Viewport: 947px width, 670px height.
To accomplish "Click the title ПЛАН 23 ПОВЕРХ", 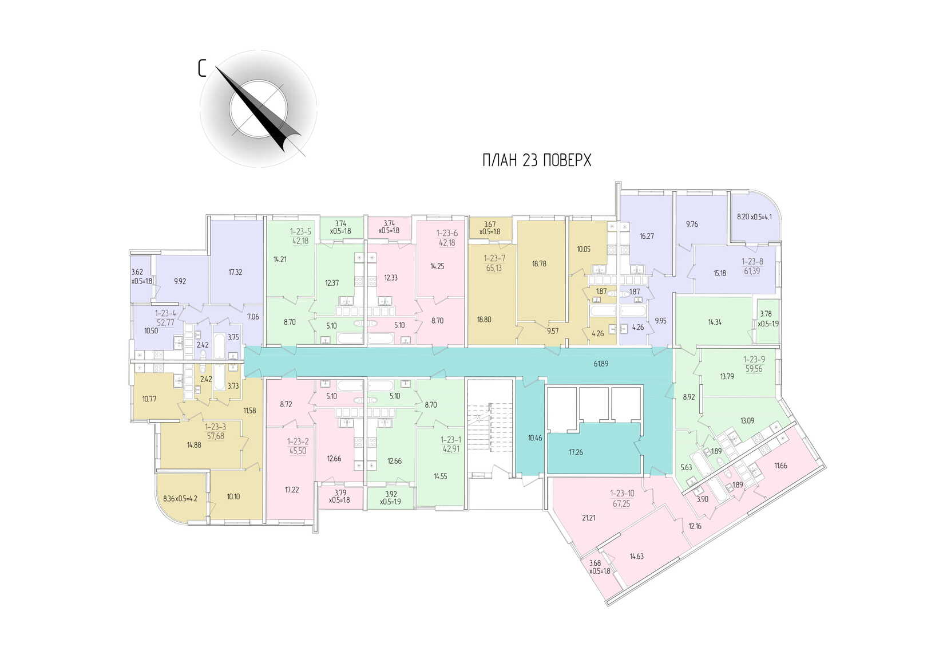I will coord(536,160).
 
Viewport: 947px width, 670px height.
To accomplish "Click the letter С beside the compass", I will coord(202,69).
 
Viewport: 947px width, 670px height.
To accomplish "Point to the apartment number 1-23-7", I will coord(494,259).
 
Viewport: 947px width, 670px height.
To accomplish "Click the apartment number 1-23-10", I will coord(622,494).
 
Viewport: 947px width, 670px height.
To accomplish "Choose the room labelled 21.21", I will coord(589,518).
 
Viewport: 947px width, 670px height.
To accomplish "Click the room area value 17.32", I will coord(235,273).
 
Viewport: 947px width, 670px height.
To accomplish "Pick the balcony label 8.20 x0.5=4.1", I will coord(754,217).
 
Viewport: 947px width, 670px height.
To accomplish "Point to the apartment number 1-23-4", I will coord(165,313).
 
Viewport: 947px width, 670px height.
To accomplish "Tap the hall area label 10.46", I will coord(535,438).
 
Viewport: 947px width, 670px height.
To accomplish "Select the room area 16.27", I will coord(647,236).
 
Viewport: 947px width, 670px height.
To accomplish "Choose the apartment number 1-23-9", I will coord(754,360).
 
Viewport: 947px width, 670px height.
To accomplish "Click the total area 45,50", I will coord(298,451).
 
